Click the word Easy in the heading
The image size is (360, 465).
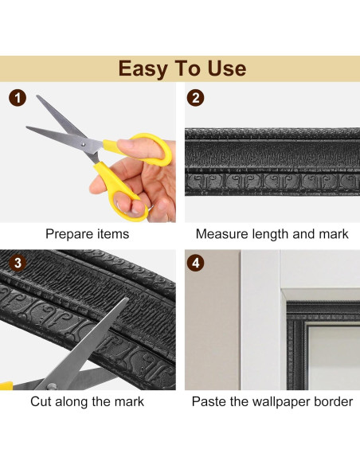(143, 69)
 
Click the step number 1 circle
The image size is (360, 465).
(18, 98)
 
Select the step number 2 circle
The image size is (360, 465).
(195, 98)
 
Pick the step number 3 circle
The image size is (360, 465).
(18, 263)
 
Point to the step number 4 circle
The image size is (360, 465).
(195, 263)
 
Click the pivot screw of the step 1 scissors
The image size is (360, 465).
(84, 144)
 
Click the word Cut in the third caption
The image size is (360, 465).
(41, 401)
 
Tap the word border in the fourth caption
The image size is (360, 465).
(333, 401)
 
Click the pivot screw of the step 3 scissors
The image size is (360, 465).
(52, 386)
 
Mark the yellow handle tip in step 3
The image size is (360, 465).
(6, 386)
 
